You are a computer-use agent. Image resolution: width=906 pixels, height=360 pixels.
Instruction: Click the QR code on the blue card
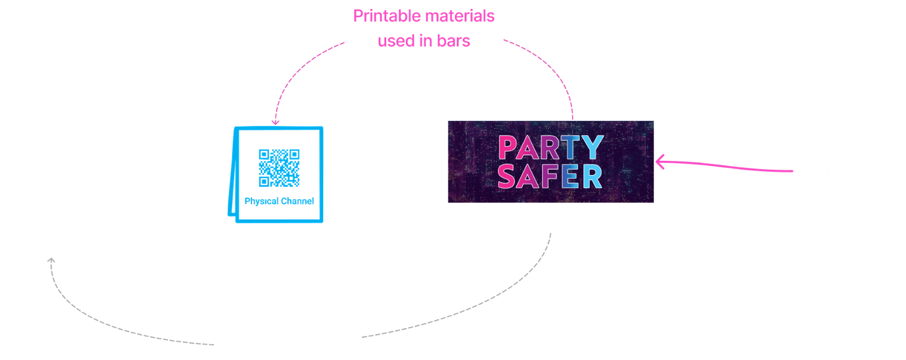pyautogui.click(x=279, y=167)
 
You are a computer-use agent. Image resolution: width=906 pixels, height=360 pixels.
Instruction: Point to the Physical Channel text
pyautogui.click(x=279, y=202)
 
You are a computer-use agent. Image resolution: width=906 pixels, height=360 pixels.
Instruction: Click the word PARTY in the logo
pyautogui.click(x=550, y=148)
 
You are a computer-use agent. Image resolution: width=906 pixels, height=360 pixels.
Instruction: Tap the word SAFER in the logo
pyautogui.click(x=550, y=176)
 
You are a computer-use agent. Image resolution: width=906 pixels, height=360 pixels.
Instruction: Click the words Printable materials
pyautogui.click(x=424, y=17)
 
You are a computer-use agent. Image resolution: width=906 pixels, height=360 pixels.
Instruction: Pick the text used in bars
pyautogui.click(x=424, y=41)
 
